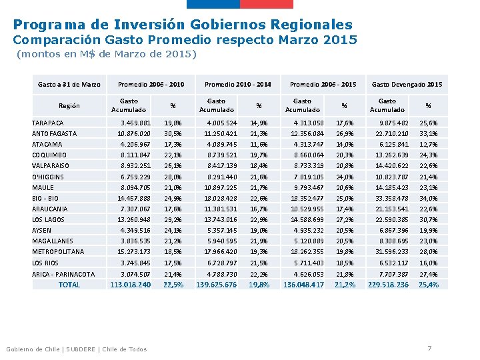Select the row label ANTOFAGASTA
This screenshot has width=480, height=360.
pos(55,133)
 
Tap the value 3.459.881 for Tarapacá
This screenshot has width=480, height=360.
pos(135,123)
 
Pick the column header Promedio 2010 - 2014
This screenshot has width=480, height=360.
pos(238,85)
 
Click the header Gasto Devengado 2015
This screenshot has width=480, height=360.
pos(407,85)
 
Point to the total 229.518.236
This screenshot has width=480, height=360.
pos(388,285)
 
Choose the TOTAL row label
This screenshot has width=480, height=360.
pos(69,285)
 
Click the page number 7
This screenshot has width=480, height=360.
pos(430,349)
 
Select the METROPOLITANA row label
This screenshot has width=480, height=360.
pos(58,251)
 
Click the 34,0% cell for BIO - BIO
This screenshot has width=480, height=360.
pos(428,198)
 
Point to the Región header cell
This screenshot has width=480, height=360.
pos(69,105)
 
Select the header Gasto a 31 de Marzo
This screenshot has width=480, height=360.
pos(69,85)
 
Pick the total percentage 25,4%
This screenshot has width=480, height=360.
pos(428,285)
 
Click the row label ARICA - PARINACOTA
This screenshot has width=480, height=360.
pos(63,274)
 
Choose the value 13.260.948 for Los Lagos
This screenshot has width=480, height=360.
pos(134,219)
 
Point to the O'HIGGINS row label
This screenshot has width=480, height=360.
pos(48,177)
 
